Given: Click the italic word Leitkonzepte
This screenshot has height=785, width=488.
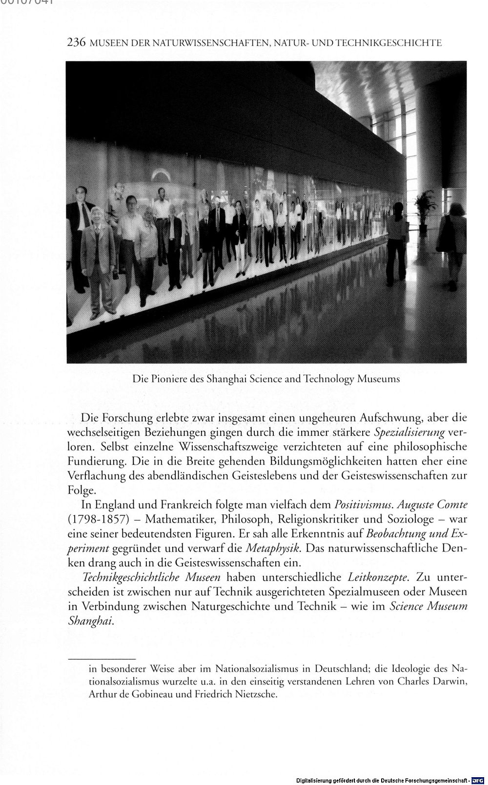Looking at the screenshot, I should click(378, 577).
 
